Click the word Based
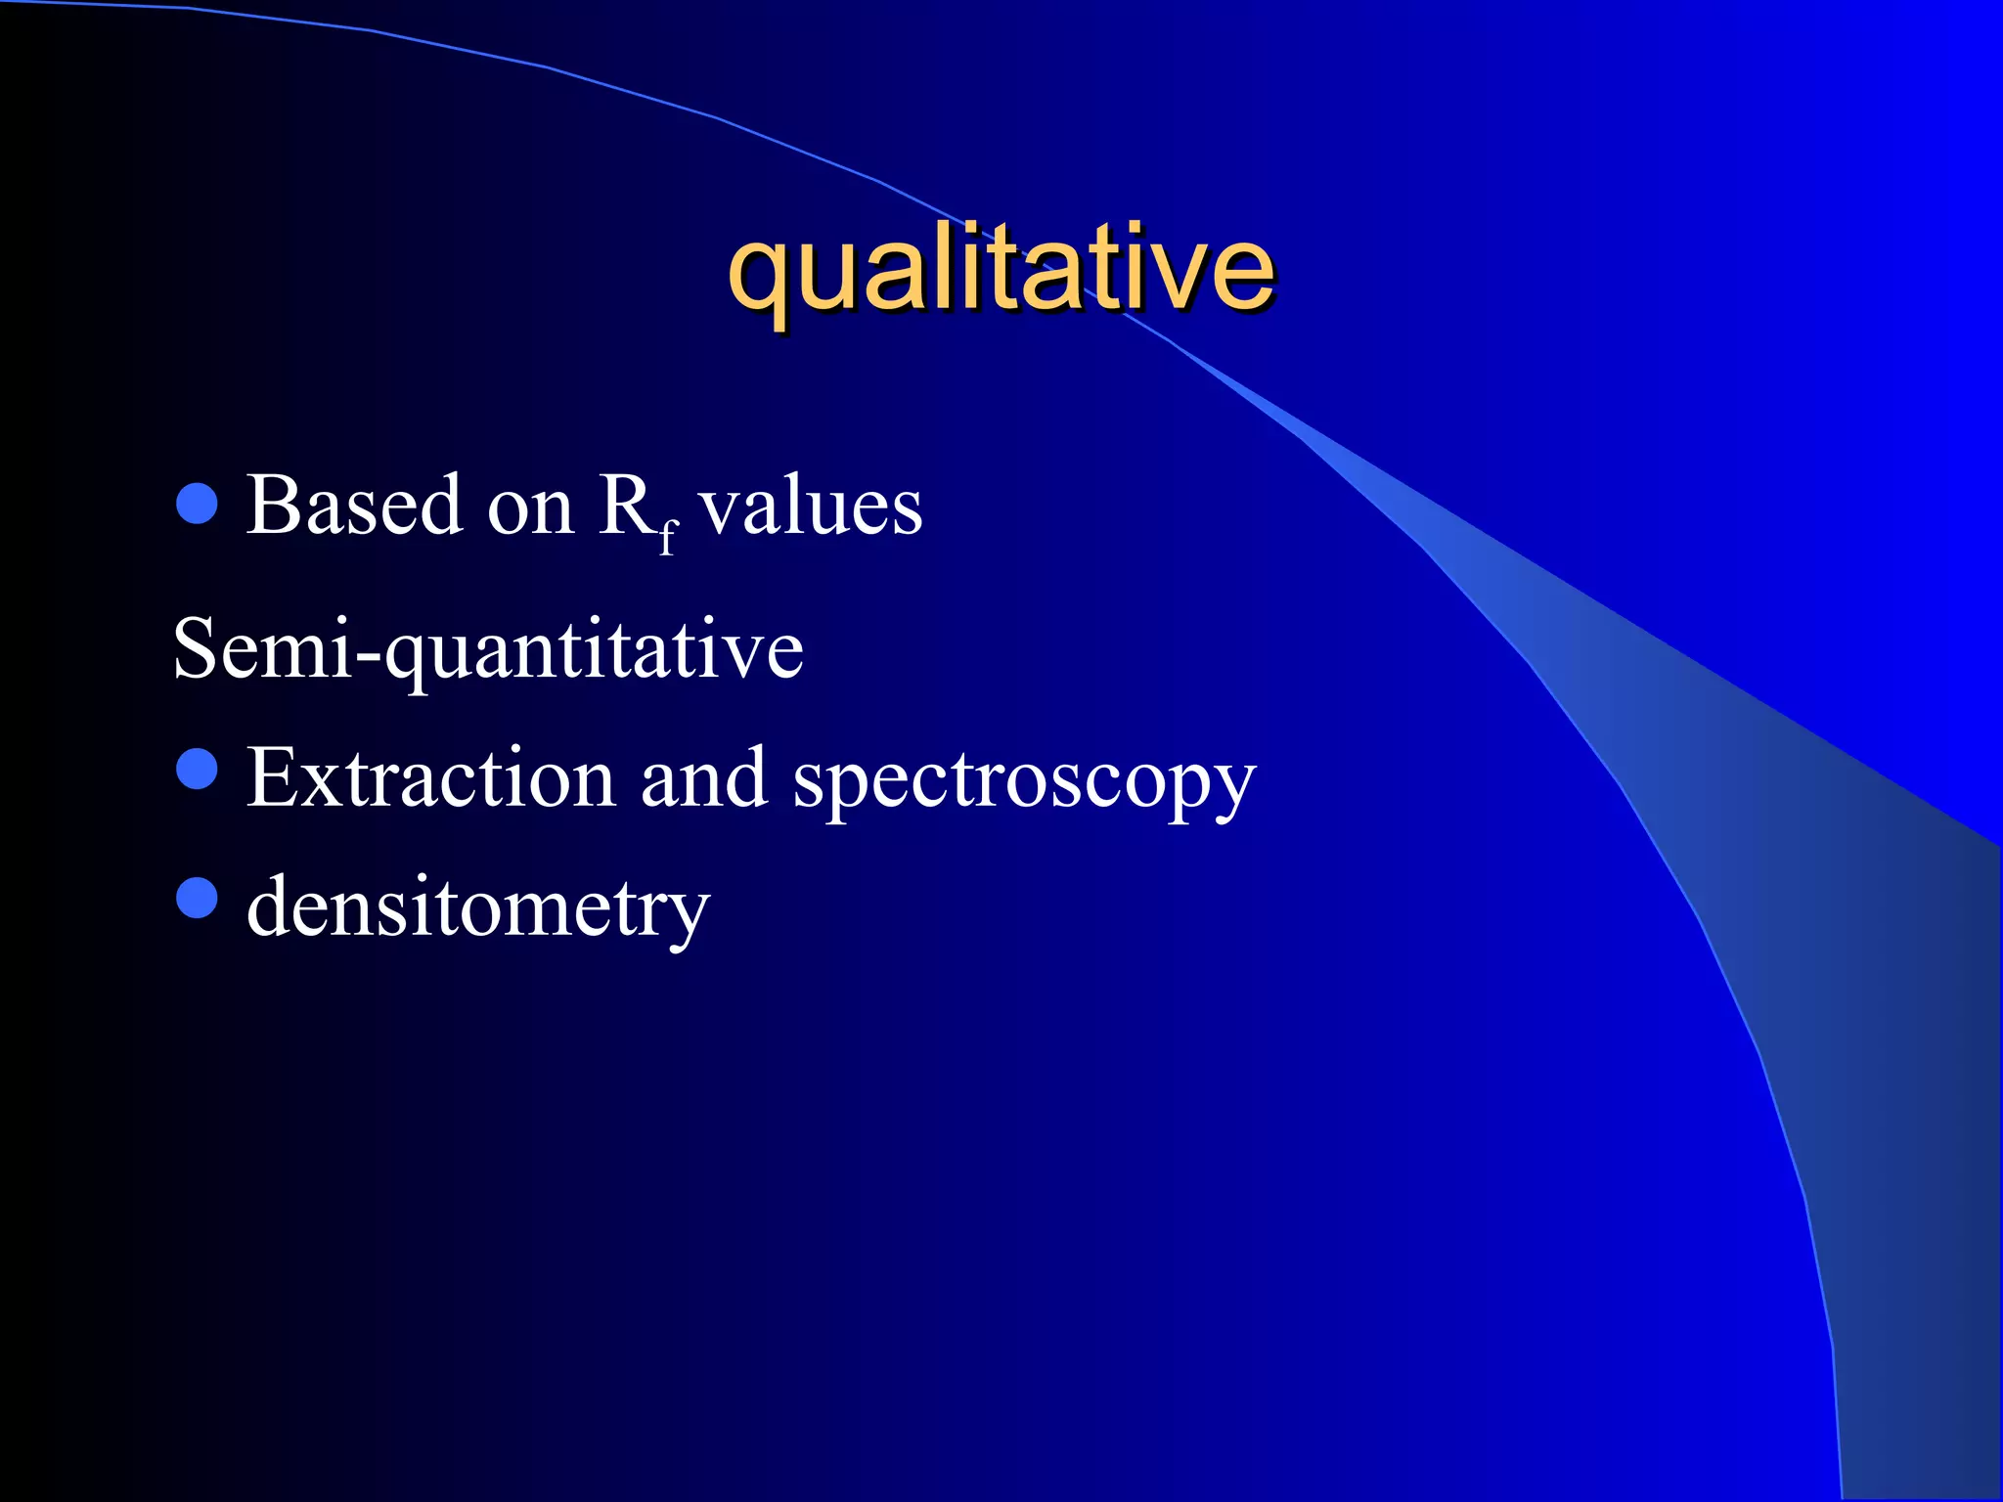pos(353,506)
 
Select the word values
pos(811,507)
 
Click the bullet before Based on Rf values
pos(198,503)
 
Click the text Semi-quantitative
pos(488,649)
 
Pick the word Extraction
pos(430,778)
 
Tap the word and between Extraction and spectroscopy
pos(703,778)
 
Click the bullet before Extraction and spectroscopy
pos(198,768)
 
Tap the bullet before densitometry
pos(198,897)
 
